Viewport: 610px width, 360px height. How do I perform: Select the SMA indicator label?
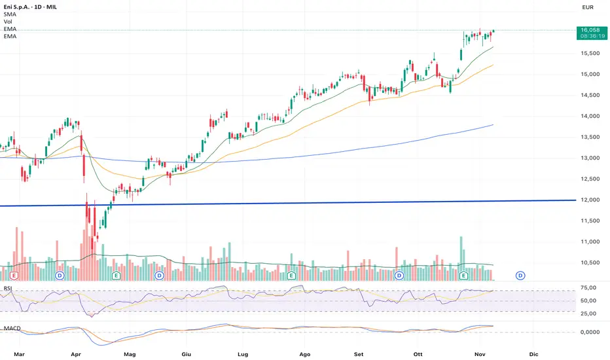click(x=10, y=14)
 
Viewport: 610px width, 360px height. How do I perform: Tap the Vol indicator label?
click(x=9, y=22)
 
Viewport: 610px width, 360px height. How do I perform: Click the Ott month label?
click(x=418, y=353)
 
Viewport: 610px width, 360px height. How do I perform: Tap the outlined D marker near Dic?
click(x=520, y=276)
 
